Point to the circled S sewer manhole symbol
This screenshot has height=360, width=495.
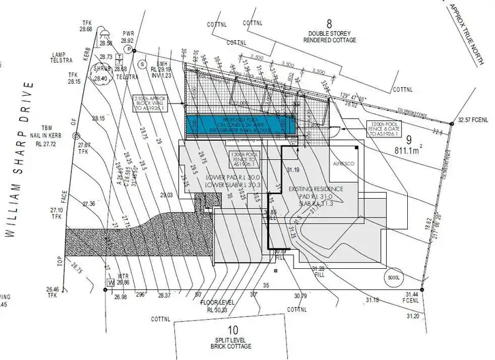(142, 64)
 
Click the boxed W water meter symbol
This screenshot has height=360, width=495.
(111, 283)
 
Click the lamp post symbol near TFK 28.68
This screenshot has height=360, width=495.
(105, 32)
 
